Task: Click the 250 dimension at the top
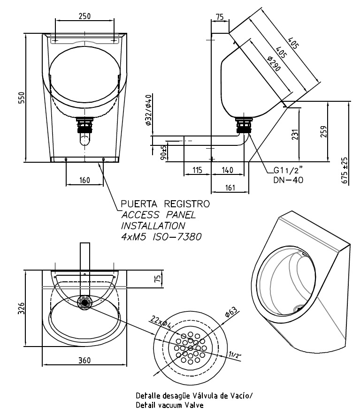(x=84, y=15)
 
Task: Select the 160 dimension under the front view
(x=84, y=180)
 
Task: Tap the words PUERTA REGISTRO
(x=165, y=204)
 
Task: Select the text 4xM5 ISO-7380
(x=161, y=237)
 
